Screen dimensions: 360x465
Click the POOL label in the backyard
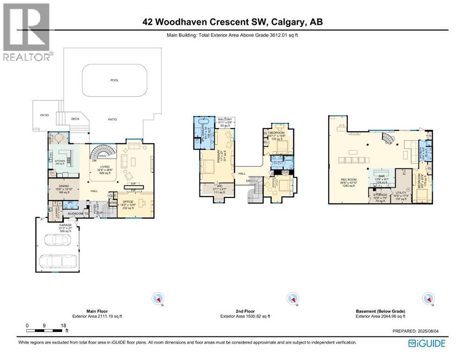point(114,80)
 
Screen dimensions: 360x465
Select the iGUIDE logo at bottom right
point(427,344)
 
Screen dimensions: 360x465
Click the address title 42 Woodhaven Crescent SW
point(232,22)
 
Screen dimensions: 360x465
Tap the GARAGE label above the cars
point(59,225)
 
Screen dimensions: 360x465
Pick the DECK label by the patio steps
point(75,119)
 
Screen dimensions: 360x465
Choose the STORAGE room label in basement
point(380,195)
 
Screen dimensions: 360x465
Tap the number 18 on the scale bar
point(63,325)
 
